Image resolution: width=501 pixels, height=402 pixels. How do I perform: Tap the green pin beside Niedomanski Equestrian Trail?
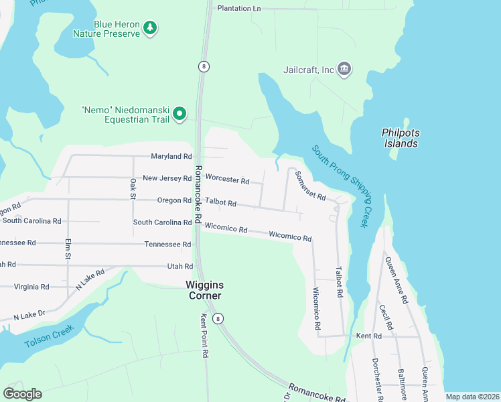click(x=180, y=115)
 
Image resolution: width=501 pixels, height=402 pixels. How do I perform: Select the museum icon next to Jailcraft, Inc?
click(x=345, y=69)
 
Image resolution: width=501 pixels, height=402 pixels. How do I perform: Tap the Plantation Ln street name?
click(x=238, y=9)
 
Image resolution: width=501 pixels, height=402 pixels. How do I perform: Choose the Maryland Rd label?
click(x=171, y=156)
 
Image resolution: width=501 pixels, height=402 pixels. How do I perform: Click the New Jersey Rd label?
click(x=167, y=178)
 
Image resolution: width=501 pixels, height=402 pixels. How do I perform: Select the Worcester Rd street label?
click(x=227, y=180)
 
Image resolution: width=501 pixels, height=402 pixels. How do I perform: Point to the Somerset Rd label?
click(x=309, y=186)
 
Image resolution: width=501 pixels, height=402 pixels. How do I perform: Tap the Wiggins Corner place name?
click(x=204, y=289)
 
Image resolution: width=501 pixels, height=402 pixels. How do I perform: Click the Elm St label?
click(x=68, y=251)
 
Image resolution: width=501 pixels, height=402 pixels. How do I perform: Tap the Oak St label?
click(x=133, y=189)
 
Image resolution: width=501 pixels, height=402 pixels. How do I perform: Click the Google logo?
click(x=22, y=394)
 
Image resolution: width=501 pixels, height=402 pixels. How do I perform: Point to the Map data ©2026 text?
click(x=472, y=397)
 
